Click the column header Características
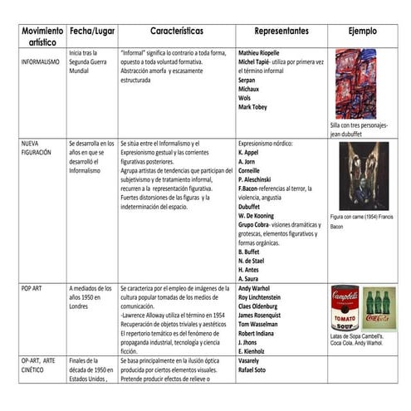(x=176, y=31)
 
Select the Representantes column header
(x=281, y=31)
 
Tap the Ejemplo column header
(x=362, y=31)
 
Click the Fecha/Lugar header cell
(x=91, y=32)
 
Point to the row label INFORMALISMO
(x=40, y=61)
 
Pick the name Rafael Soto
(x=257, y=370)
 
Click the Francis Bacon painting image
(x=362, y=176)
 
